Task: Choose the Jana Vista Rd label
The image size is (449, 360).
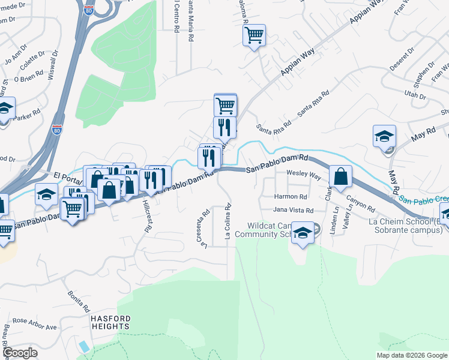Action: coord(293,211)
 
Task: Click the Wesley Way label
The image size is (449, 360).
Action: coord(303,174)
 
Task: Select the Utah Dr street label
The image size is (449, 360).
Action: coord(414,96)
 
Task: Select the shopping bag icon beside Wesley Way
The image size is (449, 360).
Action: coord(340,176)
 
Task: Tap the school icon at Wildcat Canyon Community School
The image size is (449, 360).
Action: coord(303,233)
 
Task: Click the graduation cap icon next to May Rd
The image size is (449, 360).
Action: coord(384,136)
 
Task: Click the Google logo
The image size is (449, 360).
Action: coord(20,353)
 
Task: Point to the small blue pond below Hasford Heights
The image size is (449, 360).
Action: coord(84,347)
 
